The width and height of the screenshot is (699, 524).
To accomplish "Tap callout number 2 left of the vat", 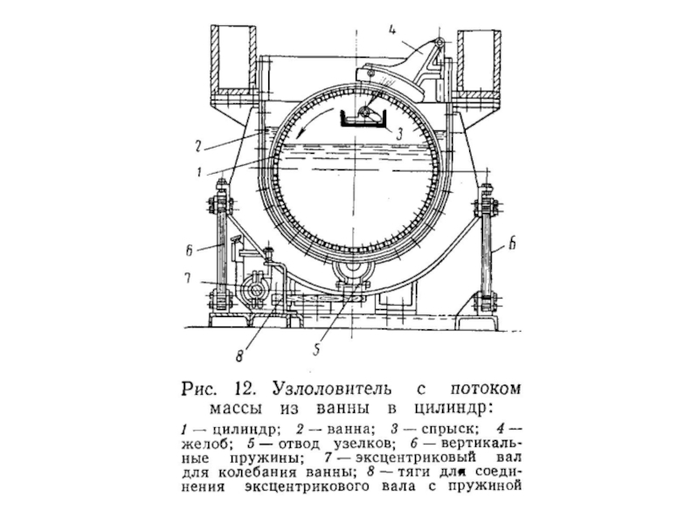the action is click(x=199, y=146).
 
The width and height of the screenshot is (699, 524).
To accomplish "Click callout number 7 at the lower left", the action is click(x=187, y=280).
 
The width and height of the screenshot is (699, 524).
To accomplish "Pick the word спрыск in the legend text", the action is click(x=448, y=431).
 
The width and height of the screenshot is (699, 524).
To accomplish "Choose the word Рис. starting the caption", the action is click(x=200, y=387).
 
